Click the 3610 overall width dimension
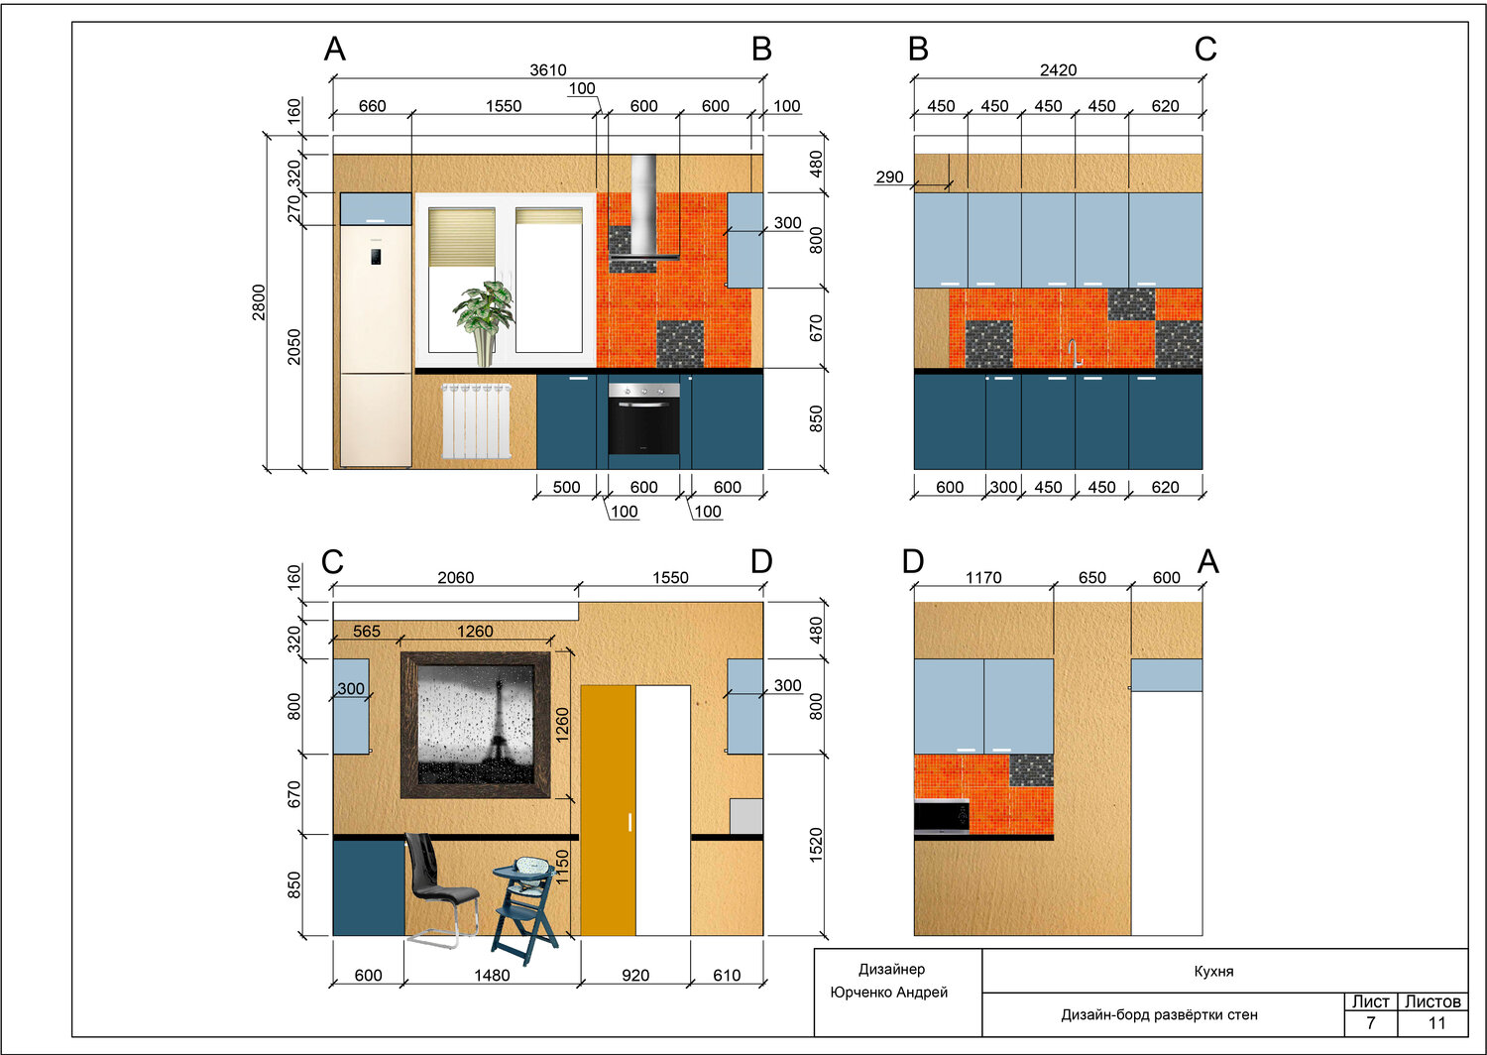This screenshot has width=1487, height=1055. tap(547, 69)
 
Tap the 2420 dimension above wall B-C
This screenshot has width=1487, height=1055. tap(1058, 69)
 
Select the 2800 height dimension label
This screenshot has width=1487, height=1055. tap(258, 302)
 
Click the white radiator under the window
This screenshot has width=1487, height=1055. tap(477, 421)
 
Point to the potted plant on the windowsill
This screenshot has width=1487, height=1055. tap(485, 323)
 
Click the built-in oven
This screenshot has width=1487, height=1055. tap(644, 418)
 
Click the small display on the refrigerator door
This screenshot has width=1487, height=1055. tap(376, 256)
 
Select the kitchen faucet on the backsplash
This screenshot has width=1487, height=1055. tap(1076, 353)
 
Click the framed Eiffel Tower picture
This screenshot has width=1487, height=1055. tap(475, 725)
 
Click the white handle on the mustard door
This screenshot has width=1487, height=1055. tap(629, 822)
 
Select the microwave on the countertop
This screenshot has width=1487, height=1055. tap(942, 817)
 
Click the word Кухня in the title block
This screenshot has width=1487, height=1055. tap(1213, 972)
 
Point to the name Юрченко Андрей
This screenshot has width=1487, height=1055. tap(889, 993)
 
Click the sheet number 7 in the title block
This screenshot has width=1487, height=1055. tap(1370, 1023)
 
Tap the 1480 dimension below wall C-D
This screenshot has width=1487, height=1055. tap(492, 976)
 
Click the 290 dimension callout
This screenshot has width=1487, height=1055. tap(889, 176)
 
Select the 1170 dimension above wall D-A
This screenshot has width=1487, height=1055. tap(983, 578)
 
